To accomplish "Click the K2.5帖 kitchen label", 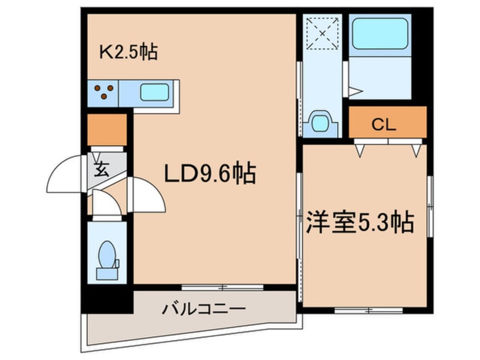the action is (129, 52).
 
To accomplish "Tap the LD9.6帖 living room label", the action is (210, 173).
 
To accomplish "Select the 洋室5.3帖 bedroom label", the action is (360, 222).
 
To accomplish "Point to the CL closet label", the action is (384, 125).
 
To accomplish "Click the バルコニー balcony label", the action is (204, 308).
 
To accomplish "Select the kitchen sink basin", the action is (154, 92).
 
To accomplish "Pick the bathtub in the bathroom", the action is (380, 34).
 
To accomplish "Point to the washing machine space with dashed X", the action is (323, 33).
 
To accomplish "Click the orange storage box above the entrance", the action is (107, 130).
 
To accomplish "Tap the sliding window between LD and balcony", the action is (222, 287).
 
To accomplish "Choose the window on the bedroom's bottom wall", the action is (369, 311).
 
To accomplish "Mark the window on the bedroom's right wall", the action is (430, 206).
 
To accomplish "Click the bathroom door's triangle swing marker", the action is (355, 91).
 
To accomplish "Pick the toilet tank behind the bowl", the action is (107, 274).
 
